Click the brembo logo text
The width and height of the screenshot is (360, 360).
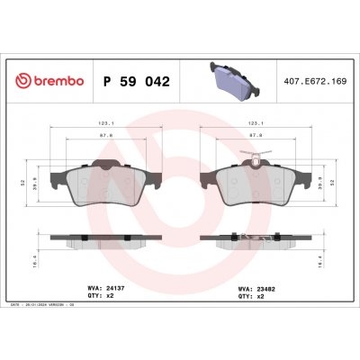pyautogui.click(x=51, y=82)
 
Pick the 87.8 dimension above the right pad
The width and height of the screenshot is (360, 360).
pyautogui.click(x=254, y=138)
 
